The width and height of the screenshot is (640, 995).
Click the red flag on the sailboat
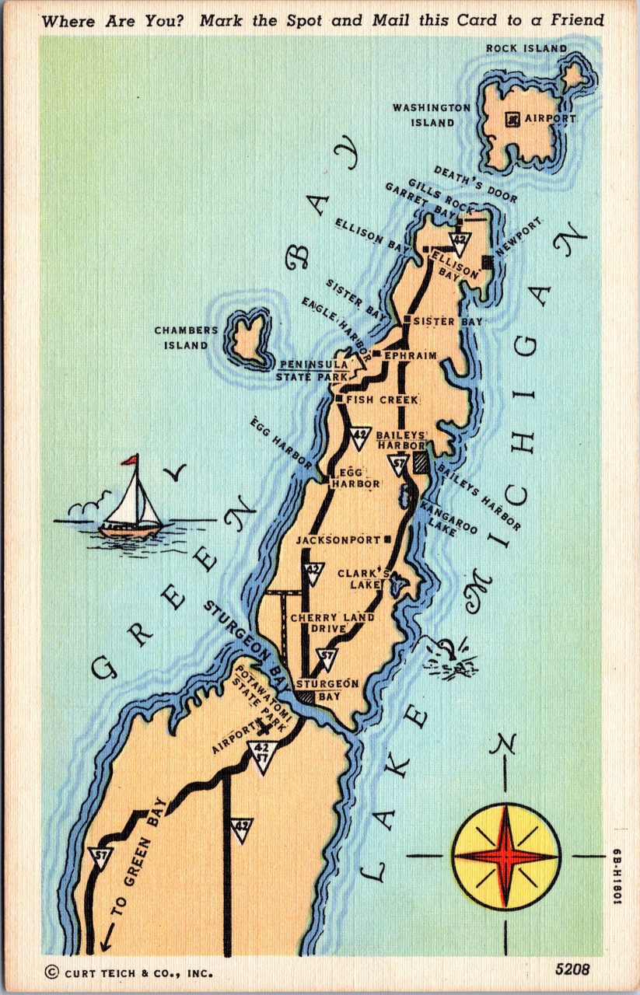click(129, 460)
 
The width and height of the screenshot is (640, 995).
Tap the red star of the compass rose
click(505, 856)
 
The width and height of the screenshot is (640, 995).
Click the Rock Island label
click(526, 48)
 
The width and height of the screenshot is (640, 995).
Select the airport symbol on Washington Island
click(512, 119)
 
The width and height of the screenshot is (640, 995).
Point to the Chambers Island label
click(186, 337)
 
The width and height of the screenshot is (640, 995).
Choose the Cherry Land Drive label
click(332, 623)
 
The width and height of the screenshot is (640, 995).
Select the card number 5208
click(572, 969)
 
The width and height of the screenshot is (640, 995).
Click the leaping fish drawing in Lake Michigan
click(450, 657)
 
